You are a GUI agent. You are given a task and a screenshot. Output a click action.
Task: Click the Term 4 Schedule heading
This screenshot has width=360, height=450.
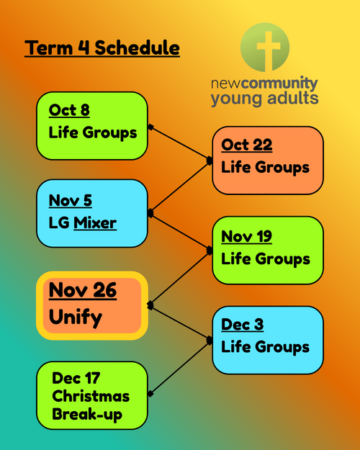[102, 48]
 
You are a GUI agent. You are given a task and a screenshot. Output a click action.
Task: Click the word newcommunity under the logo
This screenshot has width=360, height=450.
[264, 84]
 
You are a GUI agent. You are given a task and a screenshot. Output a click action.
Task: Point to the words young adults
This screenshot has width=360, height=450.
[264, 99]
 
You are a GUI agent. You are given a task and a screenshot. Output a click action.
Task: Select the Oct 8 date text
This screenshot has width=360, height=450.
[69, 110]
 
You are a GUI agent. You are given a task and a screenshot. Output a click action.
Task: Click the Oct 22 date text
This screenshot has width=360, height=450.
[247, 145]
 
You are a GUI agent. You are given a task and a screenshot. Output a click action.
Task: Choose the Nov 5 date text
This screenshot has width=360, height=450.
[71, 200]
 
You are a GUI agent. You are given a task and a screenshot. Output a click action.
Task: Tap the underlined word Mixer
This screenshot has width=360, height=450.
[95, 222]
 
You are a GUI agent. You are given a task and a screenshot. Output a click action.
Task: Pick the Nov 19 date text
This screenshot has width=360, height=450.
[246, 236]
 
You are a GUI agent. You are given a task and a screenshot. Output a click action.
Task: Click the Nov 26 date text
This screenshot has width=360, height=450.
[83, 290]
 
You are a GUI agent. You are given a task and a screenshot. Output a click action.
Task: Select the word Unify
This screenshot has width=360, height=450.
[76, 318]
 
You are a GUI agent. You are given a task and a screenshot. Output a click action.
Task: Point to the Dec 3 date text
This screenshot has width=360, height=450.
[243, 325]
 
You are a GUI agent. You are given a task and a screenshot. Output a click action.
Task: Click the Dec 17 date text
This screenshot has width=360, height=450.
[76, 378]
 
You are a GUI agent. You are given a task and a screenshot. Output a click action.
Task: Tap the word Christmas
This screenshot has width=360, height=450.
[91, 396]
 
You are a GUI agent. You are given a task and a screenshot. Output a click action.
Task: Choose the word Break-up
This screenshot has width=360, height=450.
[87, 415]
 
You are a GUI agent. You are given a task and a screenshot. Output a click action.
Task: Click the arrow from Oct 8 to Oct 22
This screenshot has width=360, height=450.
[180, 143]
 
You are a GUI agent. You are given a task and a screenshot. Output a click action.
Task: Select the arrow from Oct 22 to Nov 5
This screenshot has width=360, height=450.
[180, 187]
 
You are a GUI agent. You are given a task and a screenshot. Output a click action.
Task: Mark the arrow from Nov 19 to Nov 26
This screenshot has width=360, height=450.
[180, 278]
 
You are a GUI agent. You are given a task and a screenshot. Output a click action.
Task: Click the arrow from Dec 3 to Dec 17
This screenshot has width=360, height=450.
[180, 367]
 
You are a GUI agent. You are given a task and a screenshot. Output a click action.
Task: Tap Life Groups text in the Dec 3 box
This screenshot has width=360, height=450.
[265, 347]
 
